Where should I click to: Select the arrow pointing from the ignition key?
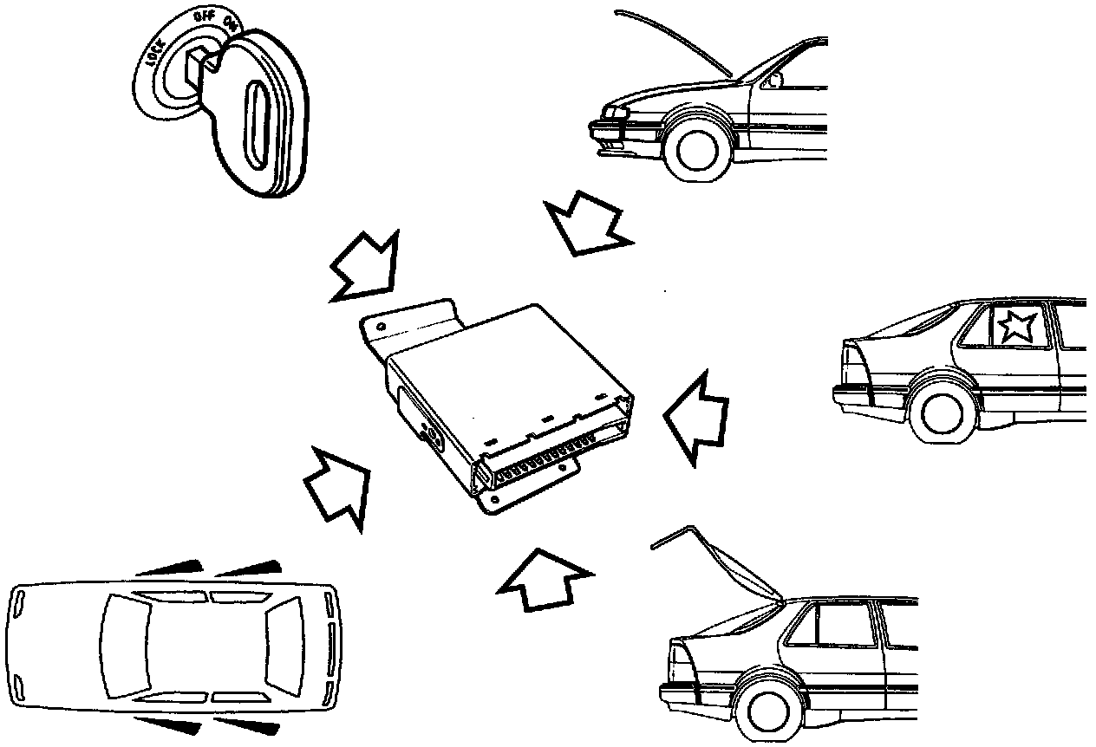(363, 266)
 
